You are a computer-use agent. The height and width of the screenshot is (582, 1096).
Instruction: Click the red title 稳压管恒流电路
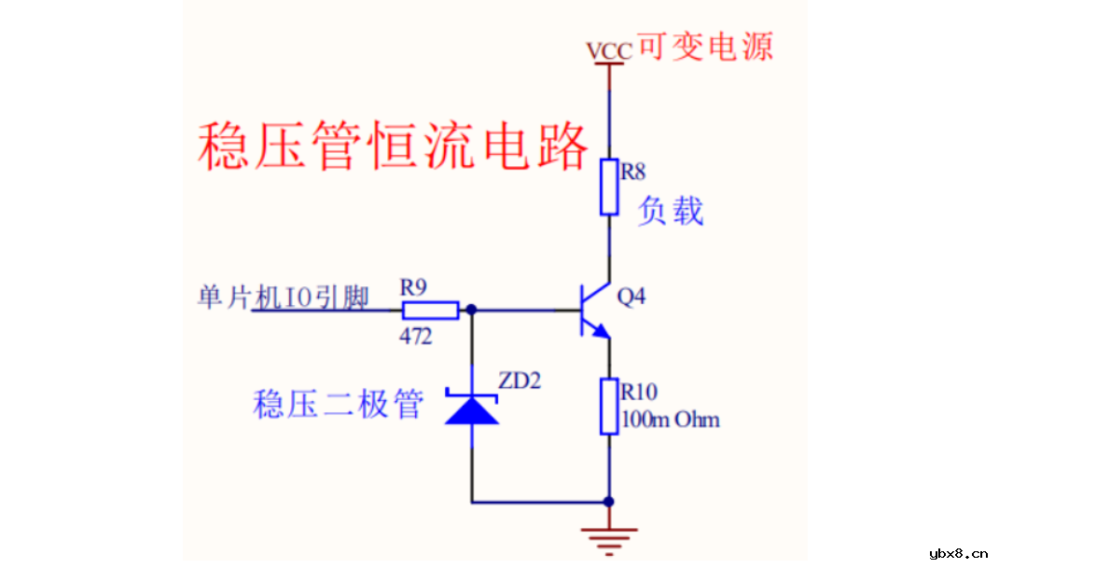pos(393,146)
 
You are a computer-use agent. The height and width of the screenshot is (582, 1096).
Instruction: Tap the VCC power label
pos(608,51)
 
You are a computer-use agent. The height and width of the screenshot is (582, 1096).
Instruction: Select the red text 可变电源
pos(705,46)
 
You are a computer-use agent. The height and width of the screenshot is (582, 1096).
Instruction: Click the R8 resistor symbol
pos(609,187)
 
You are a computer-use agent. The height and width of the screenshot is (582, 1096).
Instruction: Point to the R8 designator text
pos(633,172)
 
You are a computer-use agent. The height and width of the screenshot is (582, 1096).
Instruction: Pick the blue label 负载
pos(670,212)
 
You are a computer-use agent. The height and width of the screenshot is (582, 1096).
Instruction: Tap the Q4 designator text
pos(631,297)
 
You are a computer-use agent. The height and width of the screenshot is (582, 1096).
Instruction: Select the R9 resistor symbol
pos(429,311)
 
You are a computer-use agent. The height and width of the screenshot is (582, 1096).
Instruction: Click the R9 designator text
pos(413,288)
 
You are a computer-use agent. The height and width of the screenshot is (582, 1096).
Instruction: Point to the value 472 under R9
pos(415,337)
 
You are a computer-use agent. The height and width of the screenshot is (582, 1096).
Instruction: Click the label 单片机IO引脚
pos(284,298)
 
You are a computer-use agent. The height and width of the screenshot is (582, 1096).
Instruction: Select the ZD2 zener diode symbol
pos(471,409)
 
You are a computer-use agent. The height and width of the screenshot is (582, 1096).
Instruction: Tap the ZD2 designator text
pos(519,381)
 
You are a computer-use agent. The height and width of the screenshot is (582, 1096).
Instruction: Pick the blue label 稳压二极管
pos(339,405)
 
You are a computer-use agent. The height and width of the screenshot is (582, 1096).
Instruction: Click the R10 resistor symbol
pos(609,406)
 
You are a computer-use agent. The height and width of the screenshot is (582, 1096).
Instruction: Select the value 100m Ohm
pos(671,420)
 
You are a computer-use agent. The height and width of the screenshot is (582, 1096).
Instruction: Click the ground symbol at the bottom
pos(609,538)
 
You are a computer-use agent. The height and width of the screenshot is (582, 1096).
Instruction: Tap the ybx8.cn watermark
pos(958,553)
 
